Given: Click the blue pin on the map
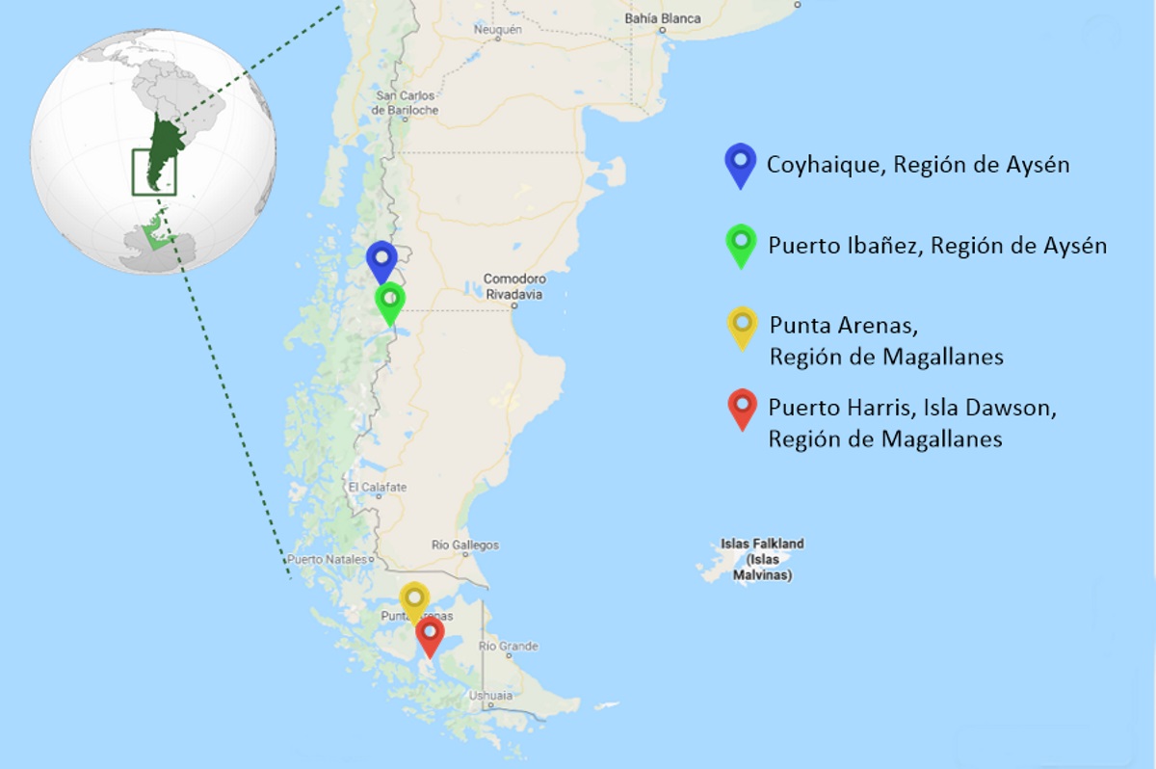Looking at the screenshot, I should point(381,259).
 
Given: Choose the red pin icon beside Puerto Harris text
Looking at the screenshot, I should point(742,408).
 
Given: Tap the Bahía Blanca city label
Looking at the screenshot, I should point(662,18).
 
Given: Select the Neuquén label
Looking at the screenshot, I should point(497,30).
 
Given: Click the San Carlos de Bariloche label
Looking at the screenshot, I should point(407,103).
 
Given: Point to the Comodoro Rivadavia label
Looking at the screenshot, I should point(514,285).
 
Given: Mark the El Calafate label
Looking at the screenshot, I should point(378,488).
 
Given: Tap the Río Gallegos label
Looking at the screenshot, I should point(465,545).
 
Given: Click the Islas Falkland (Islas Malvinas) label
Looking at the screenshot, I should point(762,559).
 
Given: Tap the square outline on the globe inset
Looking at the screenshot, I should point(153,172).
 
